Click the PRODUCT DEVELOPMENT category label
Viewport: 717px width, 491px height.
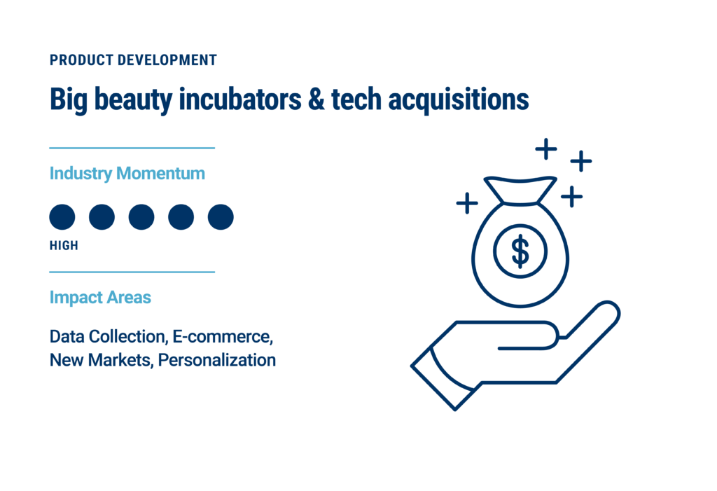point(133,60)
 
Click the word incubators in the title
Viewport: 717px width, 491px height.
point(240,99)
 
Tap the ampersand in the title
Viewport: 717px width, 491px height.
point(316,99)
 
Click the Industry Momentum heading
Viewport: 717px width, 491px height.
point(127,174)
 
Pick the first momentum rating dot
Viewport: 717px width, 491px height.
point(62,217)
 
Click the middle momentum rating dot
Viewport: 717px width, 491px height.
point(141,217)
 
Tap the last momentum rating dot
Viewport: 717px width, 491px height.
point(221,217)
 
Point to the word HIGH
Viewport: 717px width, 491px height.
point(64,246)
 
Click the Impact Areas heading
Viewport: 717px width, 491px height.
point(100,298)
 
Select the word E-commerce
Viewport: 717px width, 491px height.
point(223,337)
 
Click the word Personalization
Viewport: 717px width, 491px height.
point(217,360)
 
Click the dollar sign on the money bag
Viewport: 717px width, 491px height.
point(520,251)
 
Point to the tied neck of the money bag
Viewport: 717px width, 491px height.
point(520,202)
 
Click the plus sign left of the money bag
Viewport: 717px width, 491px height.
point(467,202)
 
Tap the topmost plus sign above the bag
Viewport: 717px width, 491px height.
point(546,148)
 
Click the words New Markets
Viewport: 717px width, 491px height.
point(100,360)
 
